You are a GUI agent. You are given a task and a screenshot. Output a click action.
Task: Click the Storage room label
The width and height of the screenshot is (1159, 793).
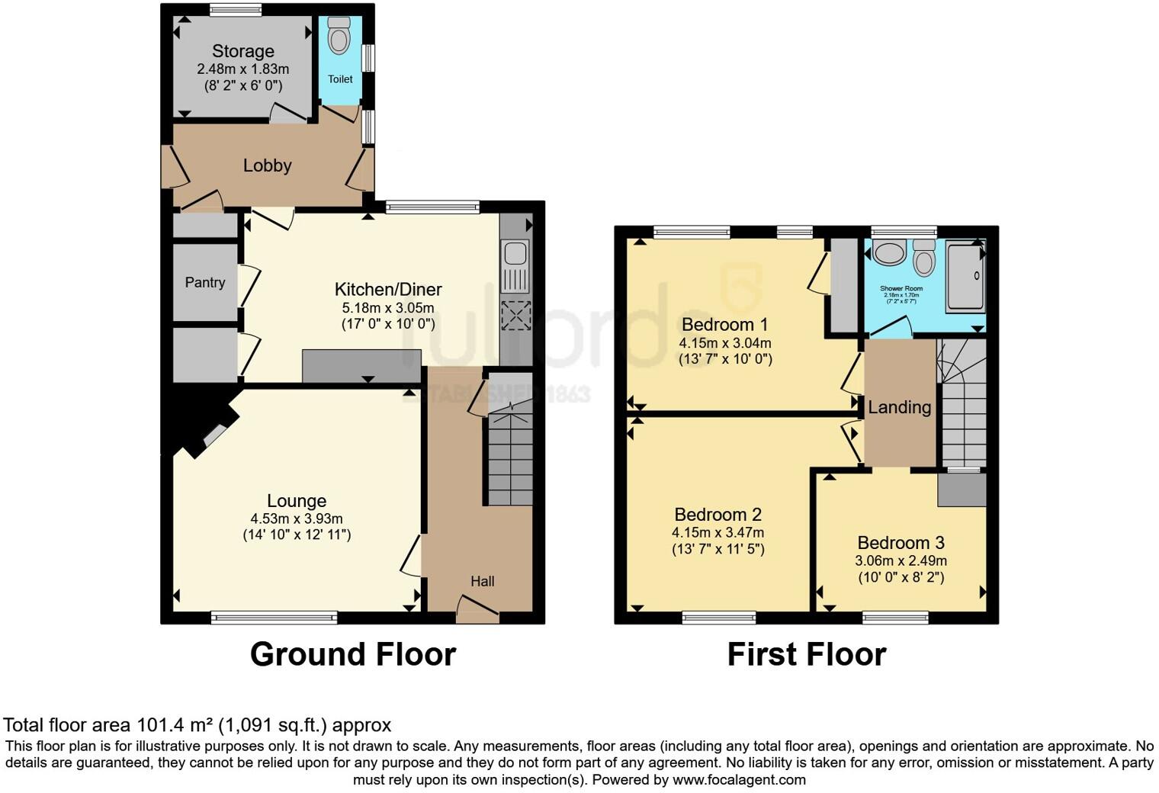(242, 51)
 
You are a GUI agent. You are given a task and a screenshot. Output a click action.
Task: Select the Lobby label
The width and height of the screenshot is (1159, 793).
(267, 165)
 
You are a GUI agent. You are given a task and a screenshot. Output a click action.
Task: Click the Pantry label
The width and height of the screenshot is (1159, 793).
(205, 282)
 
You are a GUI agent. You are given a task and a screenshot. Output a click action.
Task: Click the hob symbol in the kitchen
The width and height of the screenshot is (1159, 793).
(516, 315)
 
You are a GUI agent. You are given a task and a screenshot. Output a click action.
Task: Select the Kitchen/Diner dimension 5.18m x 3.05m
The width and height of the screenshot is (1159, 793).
(387, 308)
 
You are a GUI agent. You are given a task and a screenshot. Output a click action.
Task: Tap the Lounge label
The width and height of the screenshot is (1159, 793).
(297, 501)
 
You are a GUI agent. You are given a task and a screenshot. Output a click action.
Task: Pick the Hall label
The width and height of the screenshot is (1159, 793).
(482, 581)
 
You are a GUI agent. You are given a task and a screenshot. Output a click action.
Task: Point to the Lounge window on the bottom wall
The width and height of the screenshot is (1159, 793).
(274, 618)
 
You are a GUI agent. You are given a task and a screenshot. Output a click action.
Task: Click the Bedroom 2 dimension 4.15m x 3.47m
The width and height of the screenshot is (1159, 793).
(718, 533)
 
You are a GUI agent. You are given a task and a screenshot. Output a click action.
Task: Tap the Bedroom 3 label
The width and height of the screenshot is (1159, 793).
(901, 543)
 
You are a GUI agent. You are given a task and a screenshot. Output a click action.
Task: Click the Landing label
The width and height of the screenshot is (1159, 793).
(900, 407)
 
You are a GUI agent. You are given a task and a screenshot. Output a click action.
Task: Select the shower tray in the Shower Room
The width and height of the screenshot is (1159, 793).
(965, 276)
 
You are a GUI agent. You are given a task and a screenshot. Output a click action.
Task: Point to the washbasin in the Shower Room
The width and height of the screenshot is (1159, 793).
(888, 252)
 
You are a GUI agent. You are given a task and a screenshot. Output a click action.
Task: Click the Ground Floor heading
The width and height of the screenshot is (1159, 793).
(353, 654)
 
